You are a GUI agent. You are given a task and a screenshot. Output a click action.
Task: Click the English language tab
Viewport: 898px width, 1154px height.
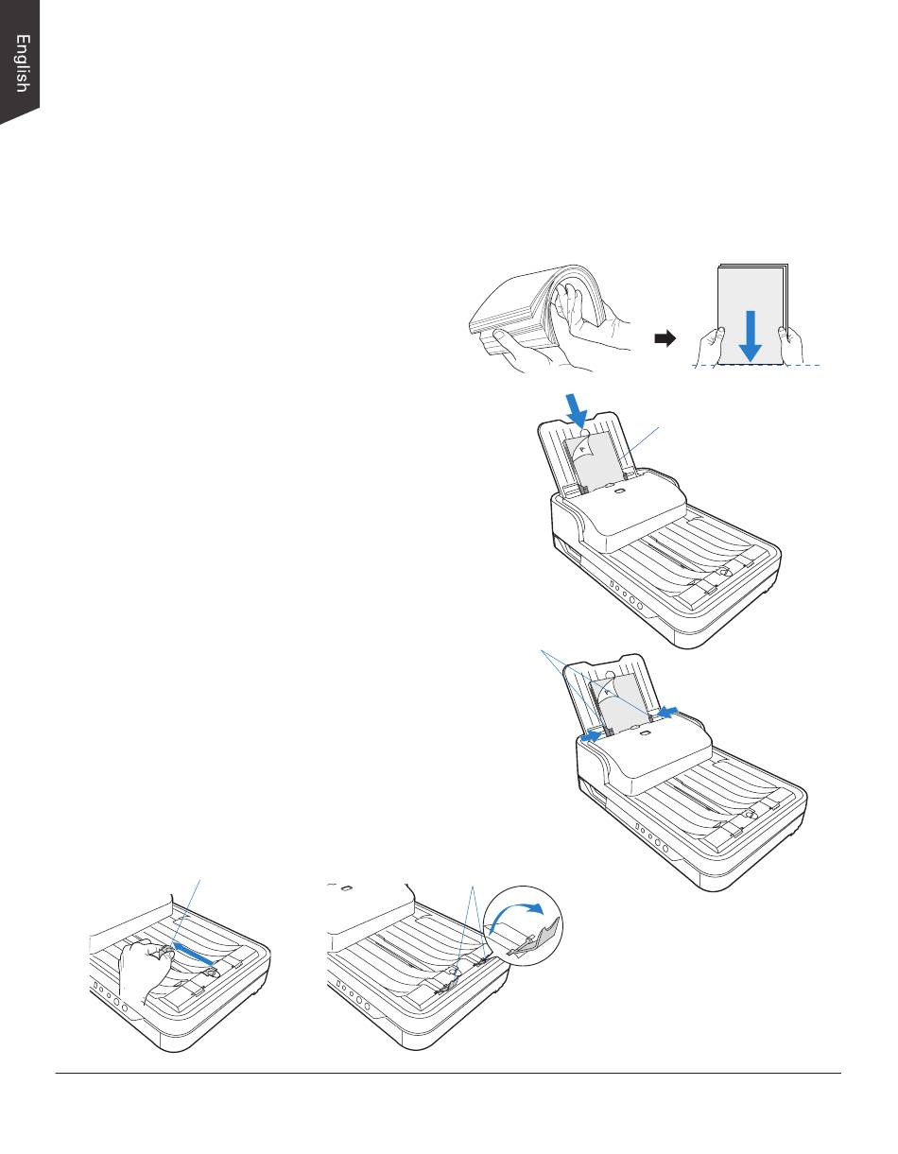[19, 61]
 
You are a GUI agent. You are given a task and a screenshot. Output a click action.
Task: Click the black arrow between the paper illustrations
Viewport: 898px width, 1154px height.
[665, 338]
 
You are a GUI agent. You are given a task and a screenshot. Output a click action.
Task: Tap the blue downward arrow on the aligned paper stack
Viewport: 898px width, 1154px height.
[751, 336]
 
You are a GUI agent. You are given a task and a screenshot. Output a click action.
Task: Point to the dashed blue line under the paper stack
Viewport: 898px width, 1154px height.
[757, 366]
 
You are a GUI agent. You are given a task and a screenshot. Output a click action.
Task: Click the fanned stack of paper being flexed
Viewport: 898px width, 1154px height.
[536, 314]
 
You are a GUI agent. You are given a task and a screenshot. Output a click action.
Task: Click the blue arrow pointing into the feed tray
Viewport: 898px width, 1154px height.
[577, 409]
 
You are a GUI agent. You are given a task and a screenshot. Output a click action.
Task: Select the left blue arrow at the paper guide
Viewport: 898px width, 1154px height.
[591, 736]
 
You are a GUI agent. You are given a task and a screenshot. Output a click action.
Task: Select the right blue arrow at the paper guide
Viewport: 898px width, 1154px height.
[667, 711]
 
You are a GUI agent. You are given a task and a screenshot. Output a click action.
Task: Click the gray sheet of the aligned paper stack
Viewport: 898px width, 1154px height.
[750, 315]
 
